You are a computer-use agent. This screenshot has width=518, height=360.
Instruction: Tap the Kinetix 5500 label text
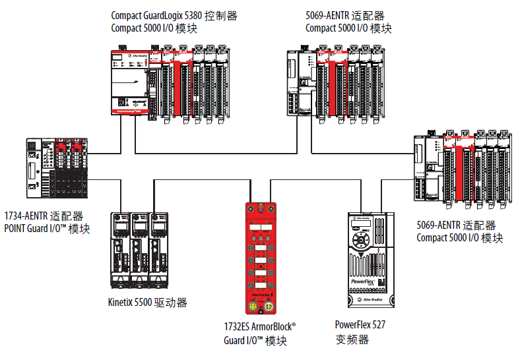point(147,303)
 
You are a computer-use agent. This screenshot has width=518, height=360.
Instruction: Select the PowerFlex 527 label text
point(360,324)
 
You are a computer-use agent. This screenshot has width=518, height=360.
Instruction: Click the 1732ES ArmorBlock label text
point(260,327)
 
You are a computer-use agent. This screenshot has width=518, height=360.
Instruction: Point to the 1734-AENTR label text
point(44,216)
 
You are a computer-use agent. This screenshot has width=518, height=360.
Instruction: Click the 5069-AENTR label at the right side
point(456,226)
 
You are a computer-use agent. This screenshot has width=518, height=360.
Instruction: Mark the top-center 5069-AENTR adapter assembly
point(334,80)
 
